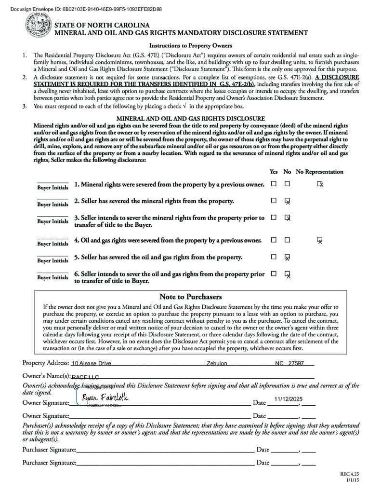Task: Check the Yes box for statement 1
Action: [x=274, y=184]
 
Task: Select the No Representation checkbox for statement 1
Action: [x=320, y=184]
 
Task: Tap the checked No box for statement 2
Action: [x=287, y=201]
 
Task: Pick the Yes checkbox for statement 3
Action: [x=274, y=218]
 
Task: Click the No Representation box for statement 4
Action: [x=320, y=240]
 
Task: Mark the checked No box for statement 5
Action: [x=287, y=257]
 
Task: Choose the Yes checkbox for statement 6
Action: [x=274, y=274]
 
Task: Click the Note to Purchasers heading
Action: [x=190, y=297]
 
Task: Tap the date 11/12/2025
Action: [x=288, y=399]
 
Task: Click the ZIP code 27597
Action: [x=296, y=363]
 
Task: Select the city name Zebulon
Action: [x=217, y=363]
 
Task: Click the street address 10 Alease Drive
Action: [x=91, y=363]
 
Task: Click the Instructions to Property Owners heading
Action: [x=190, y=46]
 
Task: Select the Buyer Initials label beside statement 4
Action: [x=53, y=244]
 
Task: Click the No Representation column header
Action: [x=319, y=172]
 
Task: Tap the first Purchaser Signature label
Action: [x=49, y=450]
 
